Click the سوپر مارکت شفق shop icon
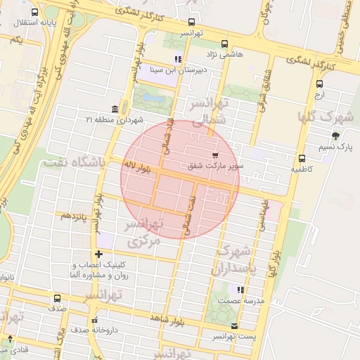point(214,155)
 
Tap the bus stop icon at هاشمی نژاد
point(224,44)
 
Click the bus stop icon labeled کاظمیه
point(302,158)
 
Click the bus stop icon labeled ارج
point(319,84)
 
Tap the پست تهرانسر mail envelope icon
point(234,326)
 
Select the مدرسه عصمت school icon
point(240,289)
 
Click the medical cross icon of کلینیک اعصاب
point(98,254)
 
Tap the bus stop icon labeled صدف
point(57,298)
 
